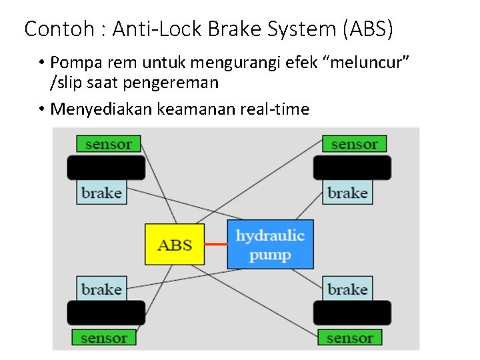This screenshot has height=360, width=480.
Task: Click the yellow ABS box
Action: point(175,244)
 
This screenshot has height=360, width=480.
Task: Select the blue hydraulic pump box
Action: point(270,245)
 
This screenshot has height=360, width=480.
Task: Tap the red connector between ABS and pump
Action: point(216,244)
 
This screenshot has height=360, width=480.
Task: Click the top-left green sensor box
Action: point(108,144)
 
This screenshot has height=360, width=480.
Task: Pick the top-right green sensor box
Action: point(354,144)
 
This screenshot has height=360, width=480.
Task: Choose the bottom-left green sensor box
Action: point(103,337)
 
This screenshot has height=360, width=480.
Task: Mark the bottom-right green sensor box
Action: point(349,337)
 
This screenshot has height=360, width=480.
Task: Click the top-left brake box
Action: point(101,193)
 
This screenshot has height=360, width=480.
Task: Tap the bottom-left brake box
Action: point(101,289)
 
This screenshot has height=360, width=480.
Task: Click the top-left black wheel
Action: point(106,168)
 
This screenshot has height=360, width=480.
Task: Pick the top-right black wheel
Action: point(352,168)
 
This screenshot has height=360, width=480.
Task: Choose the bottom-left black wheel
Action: point(106,313)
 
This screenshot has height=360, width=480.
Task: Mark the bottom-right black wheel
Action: point(352,313)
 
